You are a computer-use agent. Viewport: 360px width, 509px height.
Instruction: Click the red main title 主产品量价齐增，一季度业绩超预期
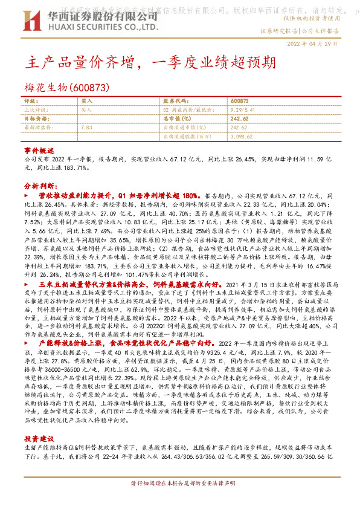pyautogui.click(x=153, y=62)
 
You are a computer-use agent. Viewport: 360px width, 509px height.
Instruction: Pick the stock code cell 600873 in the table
pyautogui.click(x=239, y=102)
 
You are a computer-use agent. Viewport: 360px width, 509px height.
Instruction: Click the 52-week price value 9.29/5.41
pyautogui.click(x=242, y=111)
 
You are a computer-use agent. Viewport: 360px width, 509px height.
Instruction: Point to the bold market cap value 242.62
pyautogui.click(x=240, y=119)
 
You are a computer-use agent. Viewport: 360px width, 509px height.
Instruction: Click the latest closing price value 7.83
pyautogui.click(x=86, y=128)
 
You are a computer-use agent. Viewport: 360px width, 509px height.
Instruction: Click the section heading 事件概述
pyautogui.click(x=39, y=150)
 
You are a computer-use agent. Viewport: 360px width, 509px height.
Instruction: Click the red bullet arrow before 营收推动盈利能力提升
pyautogui.click(x=25, y=197)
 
